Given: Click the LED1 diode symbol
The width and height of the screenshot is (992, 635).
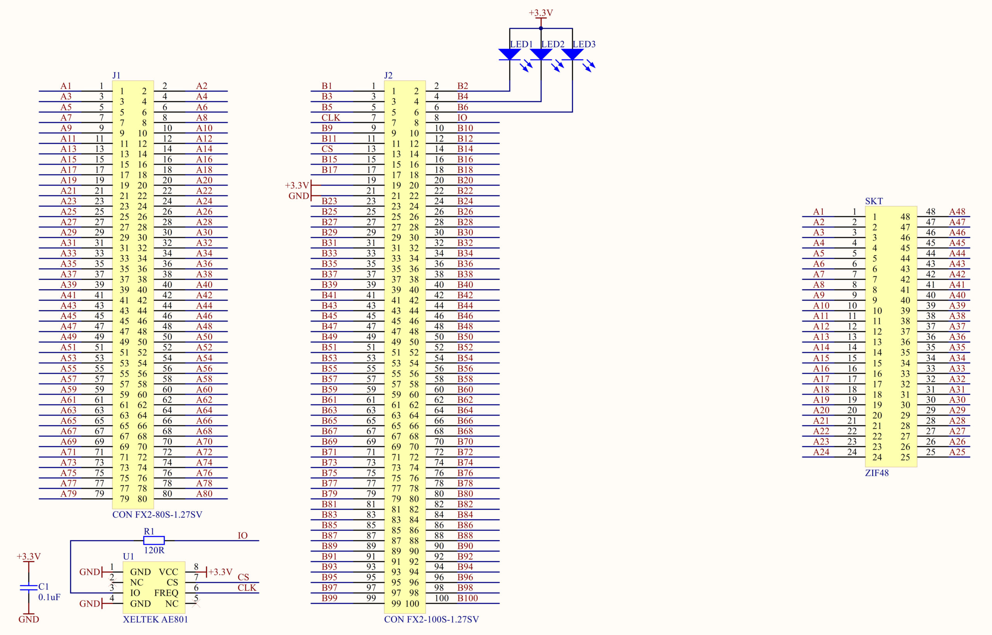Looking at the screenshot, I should point(510,54).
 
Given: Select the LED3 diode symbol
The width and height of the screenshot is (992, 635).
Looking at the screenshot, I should point(572,54).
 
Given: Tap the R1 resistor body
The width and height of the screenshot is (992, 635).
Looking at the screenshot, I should point(154,540).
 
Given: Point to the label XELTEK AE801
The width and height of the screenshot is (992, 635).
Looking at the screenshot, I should point(155,619).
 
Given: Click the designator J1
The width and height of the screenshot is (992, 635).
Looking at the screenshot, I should point(116,76).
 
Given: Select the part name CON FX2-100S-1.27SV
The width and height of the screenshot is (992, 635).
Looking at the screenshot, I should point(431,619).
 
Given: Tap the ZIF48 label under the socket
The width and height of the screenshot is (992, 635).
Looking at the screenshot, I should point(877,473).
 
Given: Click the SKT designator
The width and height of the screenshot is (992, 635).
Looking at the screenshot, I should point(874,201).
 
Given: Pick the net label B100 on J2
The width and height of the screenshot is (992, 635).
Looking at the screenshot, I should point(468,598).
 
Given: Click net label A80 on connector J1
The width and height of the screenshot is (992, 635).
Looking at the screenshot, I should point(204,493).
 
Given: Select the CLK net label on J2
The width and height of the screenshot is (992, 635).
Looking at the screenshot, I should point(331,118).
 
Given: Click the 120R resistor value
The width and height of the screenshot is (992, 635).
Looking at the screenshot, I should point(154,550).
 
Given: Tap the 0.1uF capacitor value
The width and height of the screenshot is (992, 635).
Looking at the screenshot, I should point(50,597).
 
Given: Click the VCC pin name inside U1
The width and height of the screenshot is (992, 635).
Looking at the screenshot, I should point(169,572).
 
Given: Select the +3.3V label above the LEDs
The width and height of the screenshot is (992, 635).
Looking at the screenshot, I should point(541,13).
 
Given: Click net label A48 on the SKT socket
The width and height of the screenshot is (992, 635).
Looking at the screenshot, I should point(957,211).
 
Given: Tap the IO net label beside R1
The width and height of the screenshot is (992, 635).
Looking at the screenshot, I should point(243,535).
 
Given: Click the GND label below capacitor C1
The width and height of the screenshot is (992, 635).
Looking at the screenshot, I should point(28,619).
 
